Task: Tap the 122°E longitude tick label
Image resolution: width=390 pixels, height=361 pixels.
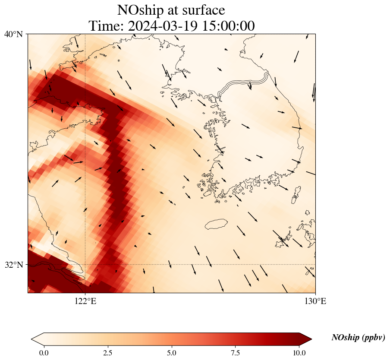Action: [x=85, y=301]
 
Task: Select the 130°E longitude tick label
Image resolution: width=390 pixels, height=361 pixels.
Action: [x=315, y=301]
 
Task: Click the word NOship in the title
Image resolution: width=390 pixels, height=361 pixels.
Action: [x=138, y=10]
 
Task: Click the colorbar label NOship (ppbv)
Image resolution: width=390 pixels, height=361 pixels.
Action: [x=358, y=338]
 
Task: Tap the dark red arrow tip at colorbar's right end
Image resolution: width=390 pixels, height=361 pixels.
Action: [x=303, y=339]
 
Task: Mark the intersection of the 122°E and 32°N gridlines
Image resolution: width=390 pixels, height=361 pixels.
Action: [x=85, y=264]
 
